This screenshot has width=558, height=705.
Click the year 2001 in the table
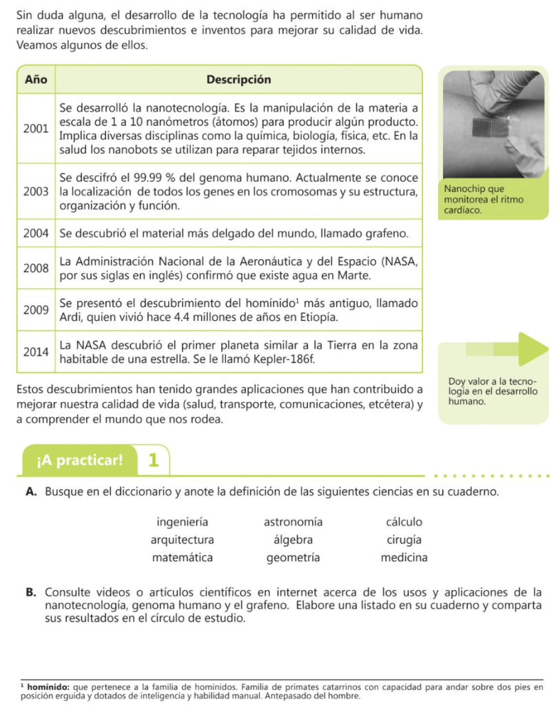click(35, 128)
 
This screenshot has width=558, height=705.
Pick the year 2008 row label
click(35, 269)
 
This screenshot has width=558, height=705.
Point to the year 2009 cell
click(35, 310)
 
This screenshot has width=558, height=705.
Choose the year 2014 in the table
click(35, 351)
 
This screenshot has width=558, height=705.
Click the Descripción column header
click(238, 79)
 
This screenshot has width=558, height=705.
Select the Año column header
click(35, 79)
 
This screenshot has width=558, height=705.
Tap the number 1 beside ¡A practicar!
click(154, 461)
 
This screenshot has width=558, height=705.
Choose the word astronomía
click(293, 522)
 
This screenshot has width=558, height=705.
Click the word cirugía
click(404, 540)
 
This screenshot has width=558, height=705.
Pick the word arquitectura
click(183, 540)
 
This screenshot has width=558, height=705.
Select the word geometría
click(293, 558)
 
